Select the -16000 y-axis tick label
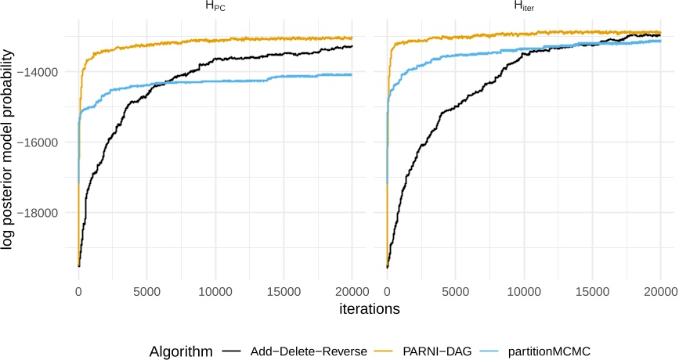[x=45, y=142]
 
